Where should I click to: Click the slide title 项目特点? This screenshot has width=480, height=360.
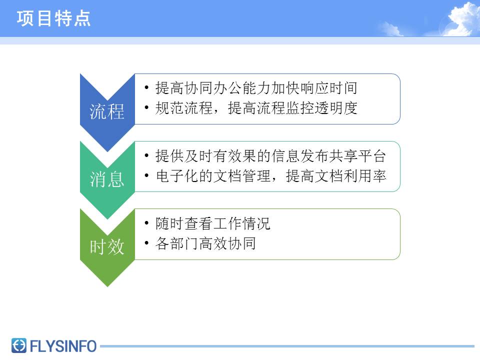coord(54,18)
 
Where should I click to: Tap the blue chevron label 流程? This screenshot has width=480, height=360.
coord(107,112)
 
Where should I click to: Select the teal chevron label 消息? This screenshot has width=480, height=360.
coord(107,179)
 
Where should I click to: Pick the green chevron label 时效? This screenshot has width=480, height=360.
coord(107,246)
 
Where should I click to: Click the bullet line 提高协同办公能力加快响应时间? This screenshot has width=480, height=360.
coord(256,88)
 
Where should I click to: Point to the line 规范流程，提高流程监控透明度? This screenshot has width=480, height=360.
coord(256,108)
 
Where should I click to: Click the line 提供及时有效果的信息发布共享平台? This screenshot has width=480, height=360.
coord(270,156)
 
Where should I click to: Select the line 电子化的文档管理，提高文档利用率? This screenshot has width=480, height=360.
coord(270,176)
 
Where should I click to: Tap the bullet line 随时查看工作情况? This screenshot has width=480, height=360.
coord(213,223)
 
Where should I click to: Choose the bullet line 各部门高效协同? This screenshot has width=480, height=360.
coord(205,243)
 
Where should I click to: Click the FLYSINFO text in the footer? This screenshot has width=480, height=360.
coord(63,345)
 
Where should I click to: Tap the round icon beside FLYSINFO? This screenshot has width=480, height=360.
coord(19,345)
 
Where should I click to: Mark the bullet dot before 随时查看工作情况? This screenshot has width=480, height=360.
coord(146,223)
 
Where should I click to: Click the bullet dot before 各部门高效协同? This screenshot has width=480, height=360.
coord(146,243)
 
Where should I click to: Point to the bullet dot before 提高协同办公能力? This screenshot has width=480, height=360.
coord(146,88)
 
